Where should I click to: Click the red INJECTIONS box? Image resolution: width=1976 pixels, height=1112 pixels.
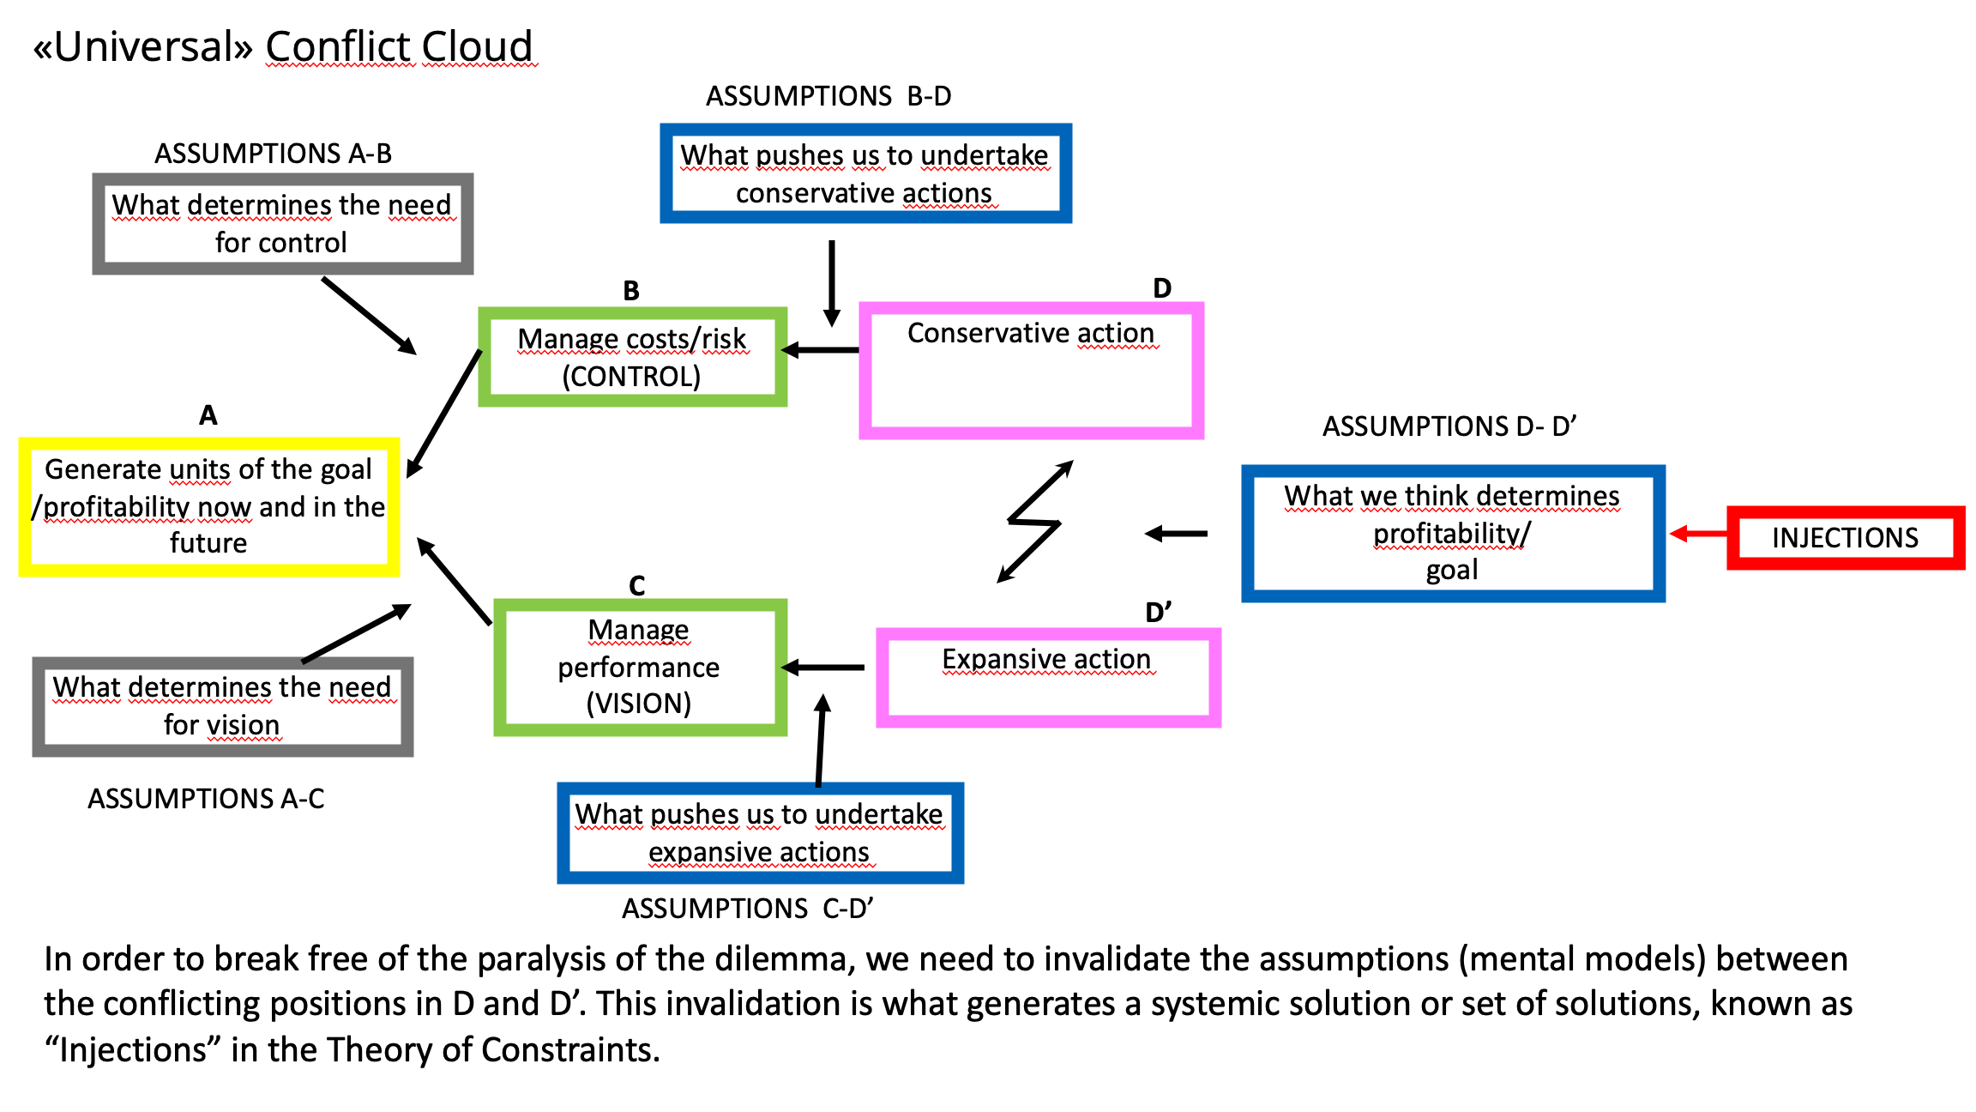click(x=1845, y=538)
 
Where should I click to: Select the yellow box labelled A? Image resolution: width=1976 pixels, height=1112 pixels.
click(x=209, y=506)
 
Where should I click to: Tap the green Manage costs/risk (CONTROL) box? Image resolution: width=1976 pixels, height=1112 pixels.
click(x=632, y=357)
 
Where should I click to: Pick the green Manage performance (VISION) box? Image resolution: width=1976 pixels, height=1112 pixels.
click(x=640, y=667)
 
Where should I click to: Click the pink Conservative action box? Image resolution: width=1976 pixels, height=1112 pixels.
click(x=1031, y=371)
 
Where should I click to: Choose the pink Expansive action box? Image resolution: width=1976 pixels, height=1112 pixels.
click(x=1048, y=678)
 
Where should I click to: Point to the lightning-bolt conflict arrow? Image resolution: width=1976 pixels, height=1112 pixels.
click(x=1035, y=522)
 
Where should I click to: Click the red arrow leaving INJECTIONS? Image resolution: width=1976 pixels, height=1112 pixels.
click(x=1698, y=534)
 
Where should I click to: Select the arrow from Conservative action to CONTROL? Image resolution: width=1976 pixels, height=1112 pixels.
click(x=822, y=350)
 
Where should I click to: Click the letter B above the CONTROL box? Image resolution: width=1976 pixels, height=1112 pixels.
click(x=631, y=291)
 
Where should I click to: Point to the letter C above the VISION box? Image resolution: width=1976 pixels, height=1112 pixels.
click(x=636, y=585)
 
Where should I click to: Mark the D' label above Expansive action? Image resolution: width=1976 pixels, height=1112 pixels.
click(x=1158, y=612)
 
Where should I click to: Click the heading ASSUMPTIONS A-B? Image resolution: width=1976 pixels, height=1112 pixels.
click(x=273, y=154)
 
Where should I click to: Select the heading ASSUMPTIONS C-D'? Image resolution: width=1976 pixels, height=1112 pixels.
click(x=747, y=908)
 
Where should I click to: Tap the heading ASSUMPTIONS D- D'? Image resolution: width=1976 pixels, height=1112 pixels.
click(x=1449, y=426)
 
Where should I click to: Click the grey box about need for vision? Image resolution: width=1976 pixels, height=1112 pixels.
click(x=222, y=706)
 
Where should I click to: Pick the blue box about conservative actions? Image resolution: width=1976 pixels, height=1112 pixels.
click(x=865, y=173)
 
